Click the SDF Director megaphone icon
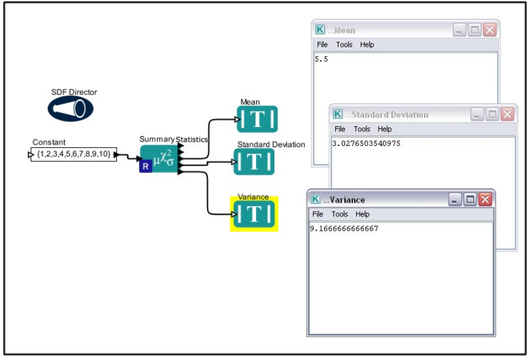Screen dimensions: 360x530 (70, 109)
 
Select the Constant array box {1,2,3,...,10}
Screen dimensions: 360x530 (74, 155)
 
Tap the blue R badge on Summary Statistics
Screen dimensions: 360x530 (145, 166)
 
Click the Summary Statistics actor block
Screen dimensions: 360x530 (161, 159)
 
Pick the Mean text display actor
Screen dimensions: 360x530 (257, 119)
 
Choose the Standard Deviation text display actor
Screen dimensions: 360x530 (254, 161)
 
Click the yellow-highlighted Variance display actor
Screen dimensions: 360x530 (254, 213)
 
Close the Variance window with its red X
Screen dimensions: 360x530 (485, 199)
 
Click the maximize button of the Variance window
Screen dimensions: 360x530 (470, 199)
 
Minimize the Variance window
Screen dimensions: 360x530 (455, 199)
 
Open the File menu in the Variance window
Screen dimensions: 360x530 (317, 214)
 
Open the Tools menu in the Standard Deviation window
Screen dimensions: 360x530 (362, 129)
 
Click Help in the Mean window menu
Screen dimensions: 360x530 (367, 44)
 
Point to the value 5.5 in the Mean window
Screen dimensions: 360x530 (321, 59)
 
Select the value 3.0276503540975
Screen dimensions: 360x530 (366, 143)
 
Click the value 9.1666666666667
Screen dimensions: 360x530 (344, 228)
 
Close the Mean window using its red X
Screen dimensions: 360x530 (490, 30)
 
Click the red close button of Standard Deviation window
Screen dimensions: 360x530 (507, 115)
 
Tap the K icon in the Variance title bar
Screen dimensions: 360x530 (316, 199)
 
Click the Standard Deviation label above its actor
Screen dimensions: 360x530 (271, 145)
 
